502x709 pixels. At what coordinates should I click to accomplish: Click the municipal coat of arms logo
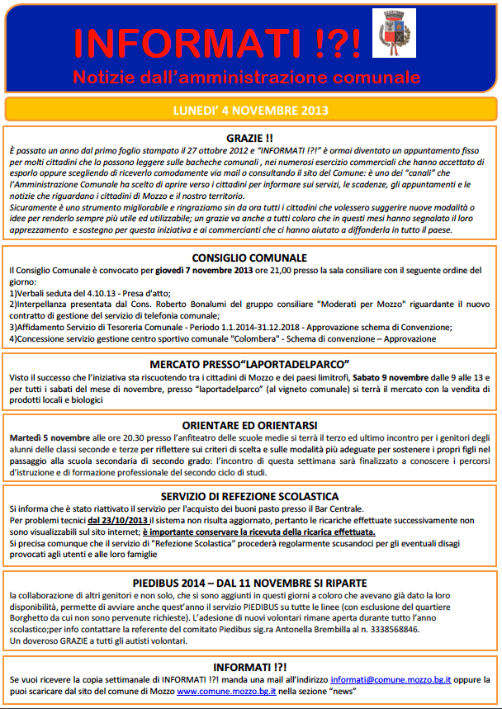coord(394,33)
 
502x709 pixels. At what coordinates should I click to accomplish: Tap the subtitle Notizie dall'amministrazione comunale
coord(246,78)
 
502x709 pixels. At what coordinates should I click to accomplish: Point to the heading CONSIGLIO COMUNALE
coord(249,258)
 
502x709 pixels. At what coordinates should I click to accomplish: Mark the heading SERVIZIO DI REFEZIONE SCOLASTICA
coord(249,496)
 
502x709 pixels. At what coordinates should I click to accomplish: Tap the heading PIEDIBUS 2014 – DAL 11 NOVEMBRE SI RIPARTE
coord(249,584)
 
